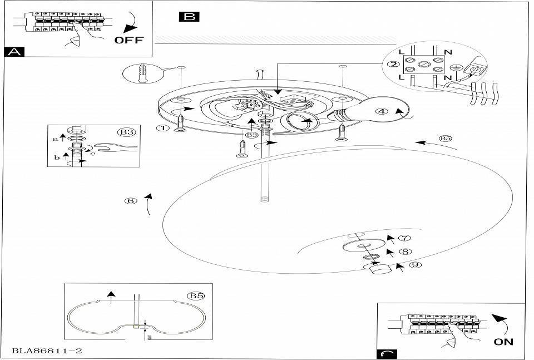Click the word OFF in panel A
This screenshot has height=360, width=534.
(x=128, y=40)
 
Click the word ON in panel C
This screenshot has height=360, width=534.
(x=503, y=342)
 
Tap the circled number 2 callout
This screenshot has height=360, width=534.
(x=393, y=65)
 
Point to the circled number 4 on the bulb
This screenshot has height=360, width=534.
(x=381, y=111)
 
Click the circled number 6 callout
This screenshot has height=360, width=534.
(x=131, y=201)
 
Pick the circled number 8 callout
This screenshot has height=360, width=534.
(x=406, y=251)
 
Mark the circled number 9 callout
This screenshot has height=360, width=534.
(x=413, y=265)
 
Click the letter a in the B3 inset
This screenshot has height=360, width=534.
(x=55, y=139)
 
